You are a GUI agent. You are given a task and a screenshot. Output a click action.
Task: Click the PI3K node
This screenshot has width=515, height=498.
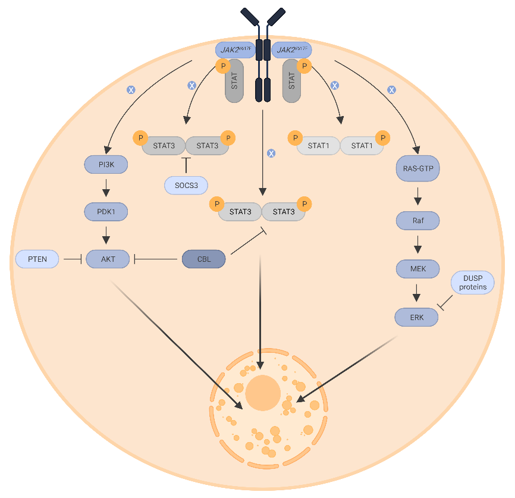pyautogui.click(x=107, y=164)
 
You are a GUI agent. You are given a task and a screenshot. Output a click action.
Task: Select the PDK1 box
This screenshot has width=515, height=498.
pyautogui.click(x=107, y=211)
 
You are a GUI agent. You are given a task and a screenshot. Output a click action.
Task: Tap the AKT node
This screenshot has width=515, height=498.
pyautogui.click(x=108, y=259)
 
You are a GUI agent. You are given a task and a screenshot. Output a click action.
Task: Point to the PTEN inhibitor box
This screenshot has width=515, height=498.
pyautogui.click(x=37, y=259)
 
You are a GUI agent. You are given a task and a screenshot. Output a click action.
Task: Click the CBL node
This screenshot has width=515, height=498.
pyautogui.click(x=203, y=259)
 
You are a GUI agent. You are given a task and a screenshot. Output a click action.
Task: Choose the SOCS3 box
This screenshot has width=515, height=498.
pyautogui.click(x=186, y=186)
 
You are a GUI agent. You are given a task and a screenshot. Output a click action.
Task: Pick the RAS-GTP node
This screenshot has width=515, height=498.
pyautogui.click(x=417, y=169)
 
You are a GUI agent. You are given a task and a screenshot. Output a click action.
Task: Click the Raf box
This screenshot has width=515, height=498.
pyautogui.click(x=417, y=221)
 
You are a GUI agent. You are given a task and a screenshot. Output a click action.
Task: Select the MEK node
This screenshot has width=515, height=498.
pyautogui.click(x=417, y=269)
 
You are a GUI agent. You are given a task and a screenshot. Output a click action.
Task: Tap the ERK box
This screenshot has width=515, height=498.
pyautogui.click(x=417, y=317)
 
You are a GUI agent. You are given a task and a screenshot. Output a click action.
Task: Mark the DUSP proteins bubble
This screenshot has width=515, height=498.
pyautogui.click(x=472, y=282)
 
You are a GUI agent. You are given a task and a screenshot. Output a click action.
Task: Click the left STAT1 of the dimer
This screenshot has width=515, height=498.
pyautogui.click(x=318, y=145)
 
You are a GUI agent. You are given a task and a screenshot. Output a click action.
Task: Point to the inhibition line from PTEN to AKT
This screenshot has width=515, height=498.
pyautogui.click(x=72, y=259)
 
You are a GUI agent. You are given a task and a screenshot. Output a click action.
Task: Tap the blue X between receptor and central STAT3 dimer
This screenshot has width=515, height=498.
pyautogui.click(x=271, y=154)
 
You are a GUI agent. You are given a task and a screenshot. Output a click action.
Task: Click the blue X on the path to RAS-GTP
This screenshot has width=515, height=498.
pyautogui.click(x=392, y=89)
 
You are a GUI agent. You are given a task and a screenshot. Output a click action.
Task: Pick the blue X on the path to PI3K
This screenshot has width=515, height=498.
pyautogui.click(x=131, y=89)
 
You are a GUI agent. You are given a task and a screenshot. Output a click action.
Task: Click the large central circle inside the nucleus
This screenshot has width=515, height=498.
pyautogui.click(x=263, y=393)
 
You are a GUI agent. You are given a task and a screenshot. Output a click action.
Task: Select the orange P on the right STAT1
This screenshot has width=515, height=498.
pyautogui.click(x=382, y=138)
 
